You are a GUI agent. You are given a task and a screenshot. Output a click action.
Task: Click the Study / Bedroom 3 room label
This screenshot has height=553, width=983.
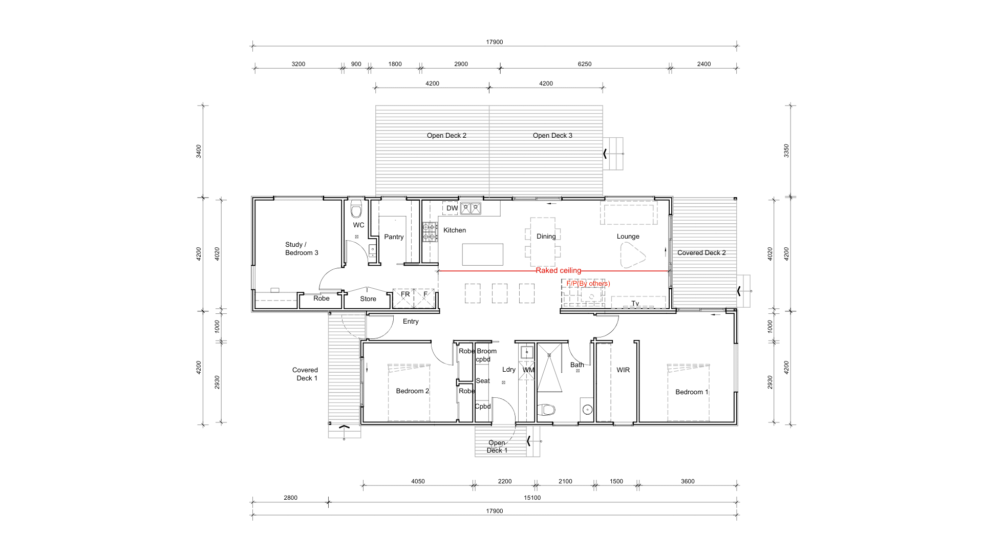coord(302,249)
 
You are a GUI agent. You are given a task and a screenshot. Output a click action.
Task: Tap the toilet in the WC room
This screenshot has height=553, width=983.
coord(356,210)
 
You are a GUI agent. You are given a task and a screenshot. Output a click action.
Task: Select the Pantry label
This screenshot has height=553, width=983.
coord(394,237)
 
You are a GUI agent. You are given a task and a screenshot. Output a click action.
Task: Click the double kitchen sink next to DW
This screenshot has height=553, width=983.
coord(471,208)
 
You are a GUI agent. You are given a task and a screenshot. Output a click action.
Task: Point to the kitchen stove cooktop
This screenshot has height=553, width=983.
coord(430,232)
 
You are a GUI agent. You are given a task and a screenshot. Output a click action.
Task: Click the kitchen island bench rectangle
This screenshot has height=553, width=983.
coord(483,254)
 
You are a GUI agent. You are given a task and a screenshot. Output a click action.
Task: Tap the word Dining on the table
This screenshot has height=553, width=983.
coord(546,237)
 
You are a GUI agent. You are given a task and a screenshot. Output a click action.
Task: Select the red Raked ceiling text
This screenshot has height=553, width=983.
coord(559,270)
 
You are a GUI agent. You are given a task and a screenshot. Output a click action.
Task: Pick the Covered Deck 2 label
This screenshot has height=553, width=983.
coord(701,253)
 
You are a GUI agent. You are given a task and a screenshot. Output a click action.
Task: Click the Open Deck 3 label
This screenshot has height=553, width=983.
coord(552,136)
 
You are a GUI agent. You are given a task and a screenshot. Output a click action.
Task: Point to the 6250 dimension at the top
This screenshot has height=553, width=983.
coord(585,64)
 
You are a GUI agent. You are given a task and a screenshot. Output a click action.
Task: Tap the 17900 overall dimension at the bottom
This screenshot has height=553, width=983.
coord(495,511)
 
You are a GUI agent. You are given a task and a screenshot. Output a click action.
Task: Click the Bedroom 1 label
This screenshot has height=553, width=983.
coord(692,392)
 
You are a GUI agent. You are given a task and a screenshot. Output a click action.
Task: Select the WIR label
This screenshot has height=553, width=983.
coord(623,370)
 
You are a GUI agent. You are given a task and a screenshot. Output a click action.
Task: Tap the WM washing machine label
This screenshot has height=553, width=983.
coord(528,370)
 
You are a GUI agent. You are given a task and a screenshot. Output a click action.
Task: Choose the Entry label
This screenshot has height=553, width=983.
coord(411,322)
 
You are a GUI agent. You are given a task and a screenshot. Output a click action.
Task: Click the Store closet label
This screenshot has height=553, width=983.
coord(368,299)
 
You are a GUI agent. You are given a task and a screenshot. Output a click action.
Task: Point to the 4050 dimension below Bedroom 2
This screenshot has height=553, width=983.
coord(418,481)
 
